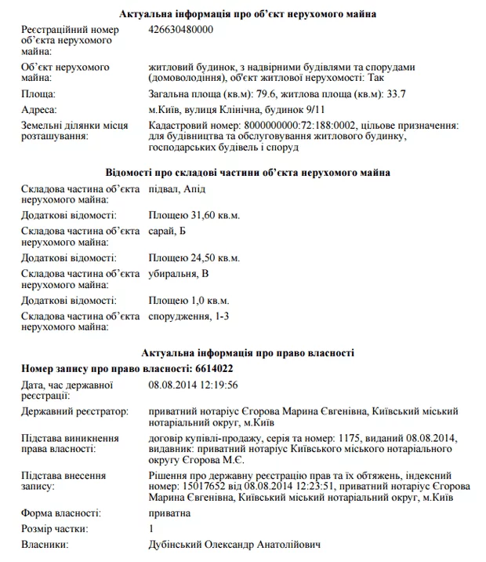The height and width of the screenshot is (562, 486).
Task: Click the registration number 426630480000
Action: tap(180, 30)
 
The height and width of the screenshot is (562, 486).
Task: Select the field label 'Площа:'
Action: tap(38, 95)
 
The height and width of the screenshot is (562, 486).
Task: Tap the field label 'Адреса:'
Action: tap(41, 111)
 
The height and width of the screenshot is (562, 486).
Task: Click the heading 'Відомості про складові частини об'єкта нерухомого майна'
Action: tap(248, 173)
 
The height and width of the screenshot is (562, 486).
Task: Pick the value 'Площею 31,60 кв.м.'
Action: tap(194, 215)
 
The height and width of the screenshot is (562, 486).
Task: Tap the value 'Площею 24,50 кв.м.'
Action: tap(194, 257)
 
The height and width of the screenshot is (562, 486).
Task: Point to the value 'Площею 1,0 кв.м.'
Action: tap(190, 300)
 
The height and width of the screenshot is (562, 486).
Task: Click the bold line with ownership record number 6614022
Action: tap(127, 368)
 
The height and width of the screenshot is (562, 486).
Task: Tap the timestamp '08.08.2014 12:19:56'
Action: tap(193, 385)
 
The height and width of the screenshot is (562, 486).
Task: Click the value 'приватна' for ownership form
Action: tap(169, 513)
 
